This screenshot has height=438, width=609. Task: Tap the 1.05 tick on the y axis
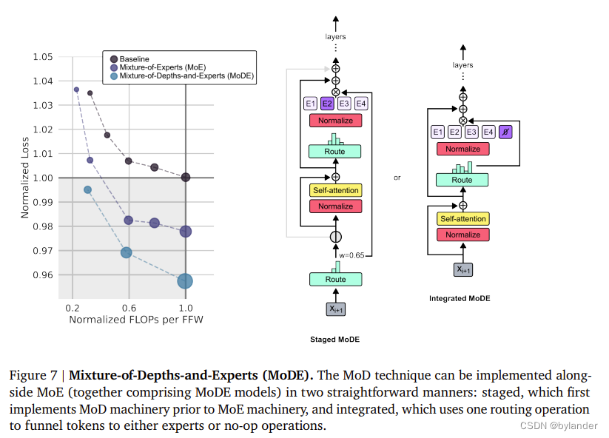coord(43,57)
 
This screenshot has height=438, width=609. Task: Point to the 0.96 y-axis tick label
coord(43,275)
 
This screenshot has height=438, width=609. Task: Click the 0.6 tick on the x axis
coord(129,307)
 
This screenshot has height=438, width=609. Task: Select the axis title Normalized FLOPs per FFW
coord(129,320)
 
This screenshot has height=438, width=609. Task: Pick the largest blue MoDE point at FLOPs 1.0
coord(185,280)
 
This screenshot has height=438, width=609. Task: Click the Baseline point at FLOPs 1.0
coord(186,177)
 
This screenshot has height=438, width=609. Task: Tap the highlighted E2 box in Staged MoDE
coord(327,104)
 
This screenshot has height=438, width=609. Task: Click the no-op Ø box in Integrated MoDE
coord(505,132)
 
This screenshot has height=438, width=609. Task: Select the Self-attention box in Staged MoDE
coord(335,190)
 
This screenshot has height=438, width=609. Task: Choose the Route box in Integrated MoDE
coord(462,180)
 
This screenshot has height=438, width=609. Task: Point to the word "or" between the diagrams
coord(397,178)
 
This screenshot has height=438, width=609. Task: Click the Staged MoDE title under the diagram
coord(335,340)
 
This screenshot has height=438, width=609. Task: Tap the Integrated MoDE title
coord(460,299)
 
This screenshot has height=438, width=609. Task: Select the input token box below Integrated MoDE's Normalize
coord(462,269)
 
